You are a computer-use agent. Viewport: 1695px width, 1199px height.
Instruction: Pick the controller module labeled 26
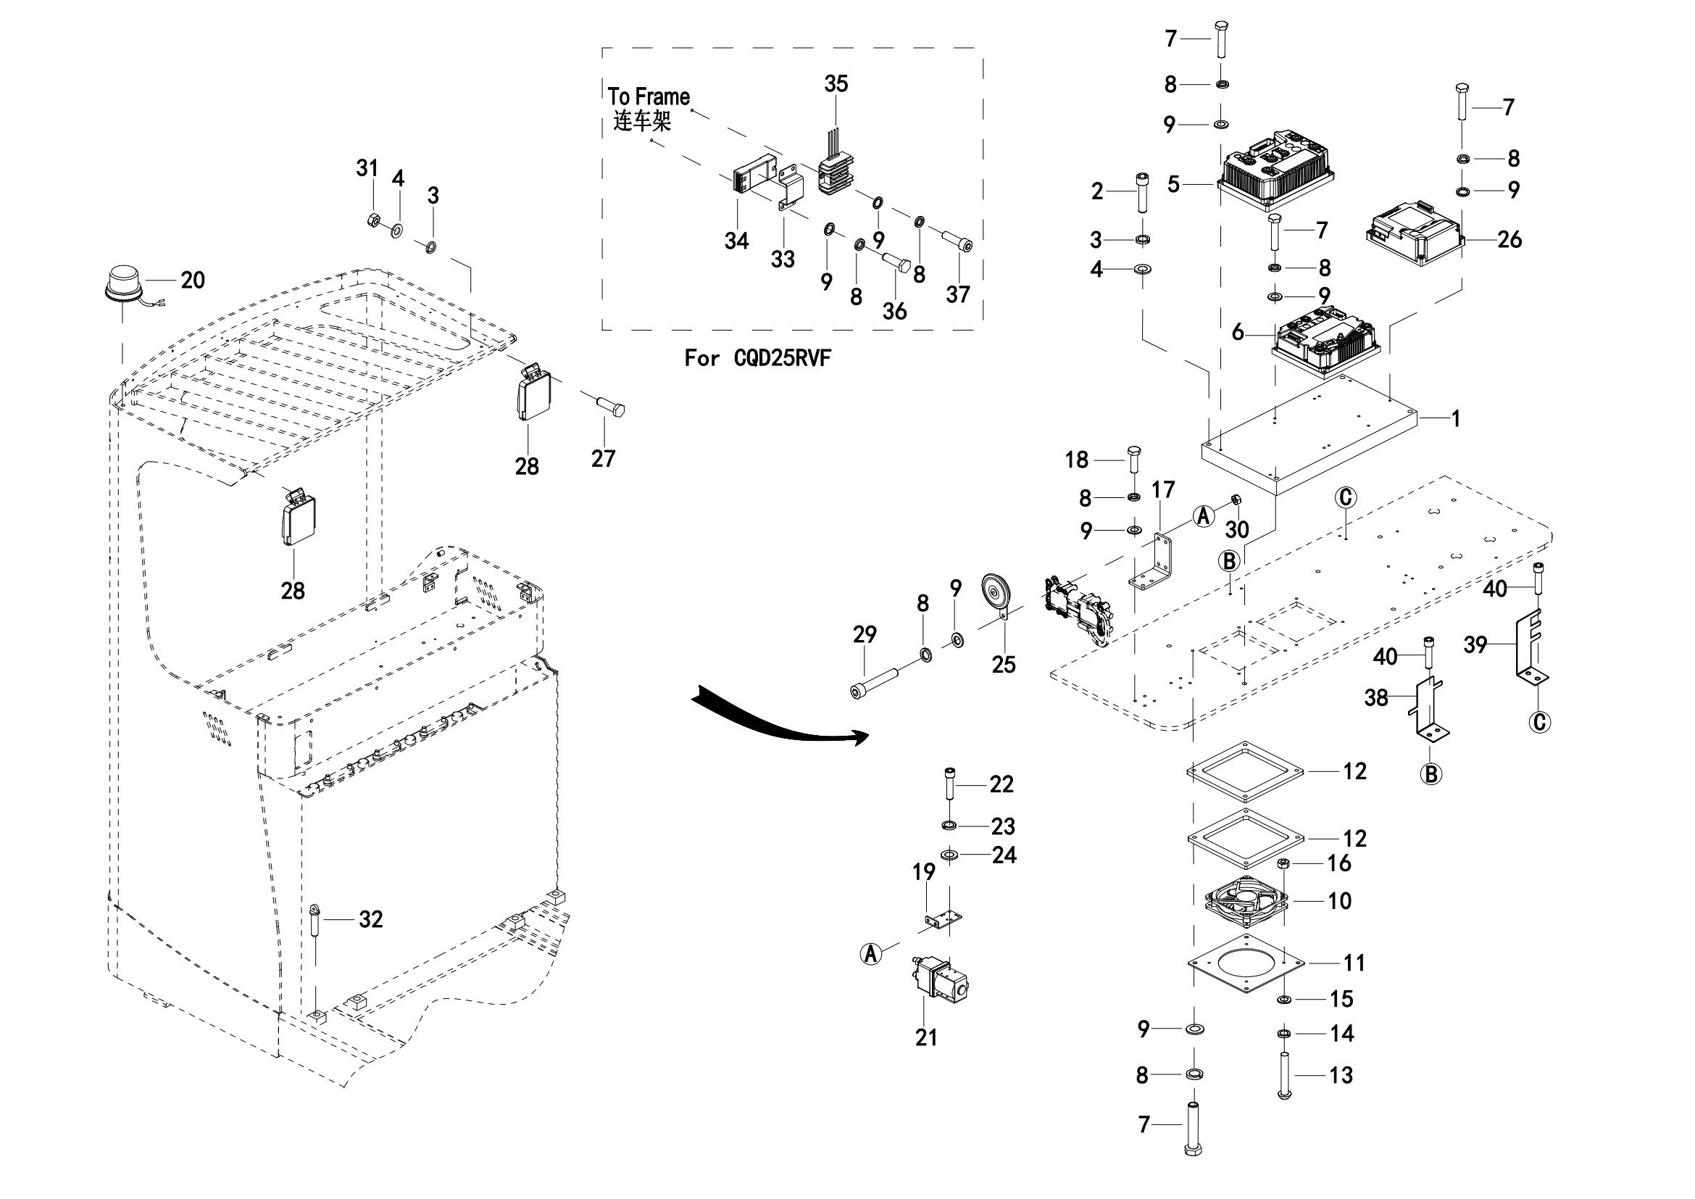pyautogui.click(x=1413, y=237)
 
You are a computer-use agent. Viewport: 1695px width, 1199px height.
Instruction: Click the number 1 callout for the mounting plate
pyautogui.click(x=1455, y=418)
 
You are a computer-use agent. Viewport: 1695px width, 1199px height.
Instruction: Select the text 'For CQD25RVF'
pyautogui.click(x=757, y=359)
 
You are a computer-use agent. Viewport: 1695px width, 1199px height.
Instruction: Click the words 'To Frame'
pyautogui.click(x=649, y=96)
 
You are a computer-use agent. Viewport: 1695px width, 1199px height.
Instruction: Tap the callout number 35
pyautogui.click(x=836, y=84)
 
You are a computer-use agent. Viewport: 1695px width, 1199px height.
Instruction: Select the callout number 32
pyautogui.click(x=370, y=919)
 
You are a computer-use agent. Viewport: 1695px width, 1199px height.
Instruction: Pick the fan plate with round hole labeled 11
pyautogui.click(x=1247, y=963)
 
